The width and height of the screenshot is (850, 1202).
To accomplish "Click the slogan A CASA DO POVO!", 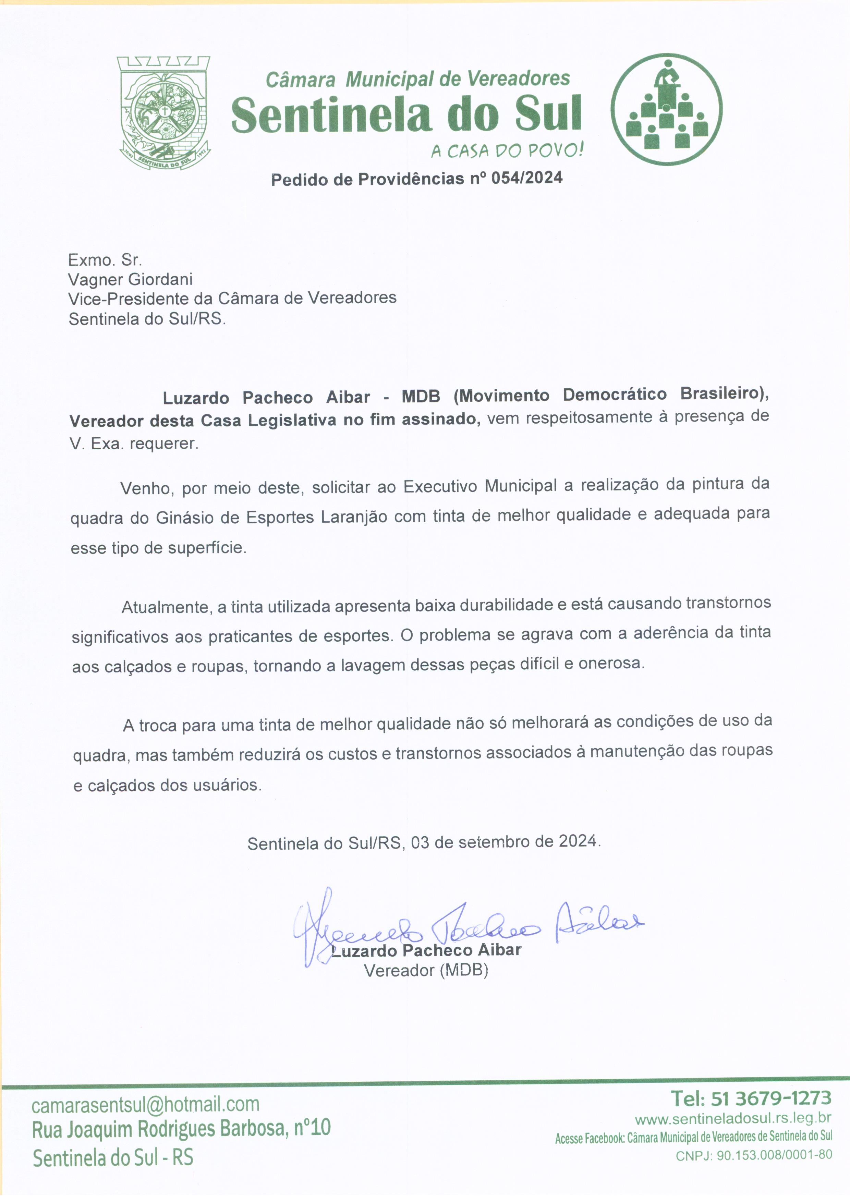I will [507, 151].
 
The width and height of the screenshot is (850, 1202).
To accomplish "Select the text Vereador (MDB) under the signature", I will [426, 970].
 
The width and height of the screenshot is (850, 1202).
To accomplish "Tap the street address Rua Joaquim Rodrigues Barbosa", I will [160, 1130].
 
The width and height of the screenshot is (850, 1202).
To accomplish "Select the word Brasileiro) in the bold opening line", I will [724, 394].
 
